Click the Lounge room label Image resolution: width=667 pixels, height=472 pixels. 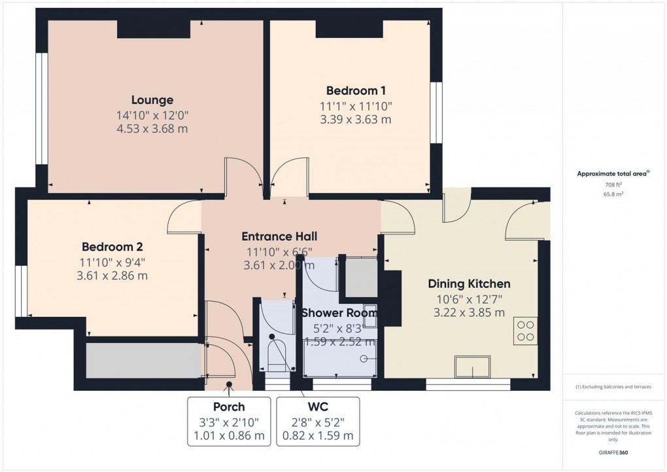152,100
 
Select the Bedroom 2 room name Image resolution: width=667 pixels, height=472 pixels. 112,247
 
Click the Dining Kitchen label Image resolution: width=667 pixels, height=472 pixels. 469,283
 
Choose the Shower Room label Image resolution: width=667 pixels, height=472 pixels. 339,312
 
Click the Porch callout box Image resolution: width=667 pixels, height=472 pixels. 229,421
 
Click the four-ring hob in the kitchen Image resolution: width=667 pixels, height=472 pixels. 525,331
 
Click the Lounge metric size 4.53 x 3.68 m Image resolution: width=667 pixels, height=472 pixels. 152,129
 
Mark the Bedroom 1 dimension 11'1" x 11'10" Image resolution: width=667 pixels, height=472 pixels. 356,106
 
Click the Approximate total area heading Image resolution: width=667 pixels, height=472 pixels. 611,174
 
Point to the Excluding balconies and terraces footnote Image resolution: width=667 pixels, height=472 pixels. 613,387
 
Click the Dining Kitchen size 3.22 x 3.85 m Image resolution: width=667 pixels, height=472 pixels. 469,312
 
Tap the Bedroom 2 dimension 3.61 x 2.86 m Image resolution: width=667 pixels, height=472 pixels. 112,276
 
